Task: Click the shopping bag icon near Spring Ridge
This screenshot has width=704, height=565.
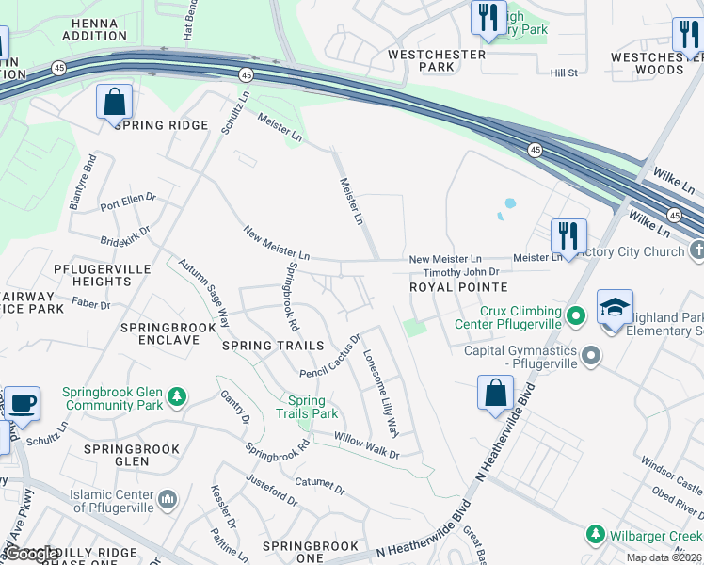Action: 114,102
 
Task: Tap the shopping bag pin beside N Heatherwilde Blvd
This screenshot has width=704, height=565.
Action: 495,392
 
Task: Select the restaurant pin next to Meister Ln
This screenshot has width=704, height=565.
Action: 568,235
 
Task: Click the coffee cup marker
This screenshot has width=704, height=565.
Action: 22,403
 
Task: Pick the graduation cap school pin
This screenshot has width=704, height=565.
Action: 614,308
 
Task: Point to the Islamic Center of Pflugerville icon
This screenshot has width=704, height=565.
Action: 168,497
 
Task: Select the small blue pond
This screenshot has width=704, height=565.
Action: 510,203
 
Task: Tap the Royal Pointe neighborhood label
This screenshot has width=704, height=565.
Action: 458,287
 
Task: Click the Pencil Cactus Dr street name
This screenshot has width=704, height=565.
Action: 330,355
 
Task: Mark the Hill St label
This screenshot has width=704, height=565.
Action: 564,73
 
